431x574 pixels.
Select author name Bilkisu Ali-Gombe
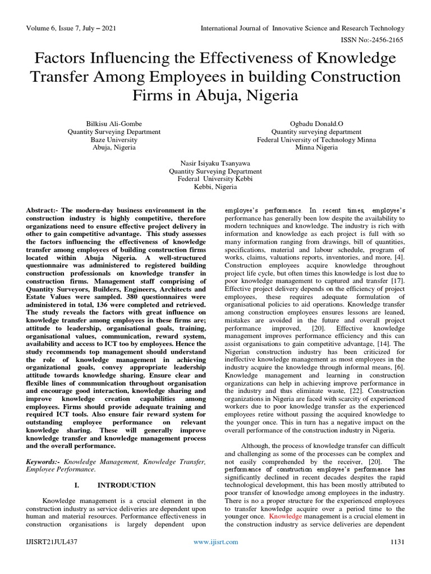pyautogui.click(x=114, y=124)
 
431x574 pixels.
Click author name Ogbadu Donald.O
pyautogui.click(x=317, y=124)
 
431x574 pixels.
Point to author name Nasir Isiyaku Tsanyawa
pyautogui.click(x=215, y=163)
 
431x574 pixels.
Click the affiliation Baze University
pyautogui.click(x=114, y=140)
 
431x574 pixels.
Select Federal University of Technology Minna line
pyautogui.click(x=317, y=140)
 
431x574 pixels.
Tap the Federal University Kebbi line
pyautogui.click(x=215, y=179)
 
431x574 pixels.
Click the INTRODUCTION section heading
pyautogui.click(x=126, y=485)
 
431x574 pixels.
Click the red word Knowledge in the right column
pyautogui.click(x=286, y=516)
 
